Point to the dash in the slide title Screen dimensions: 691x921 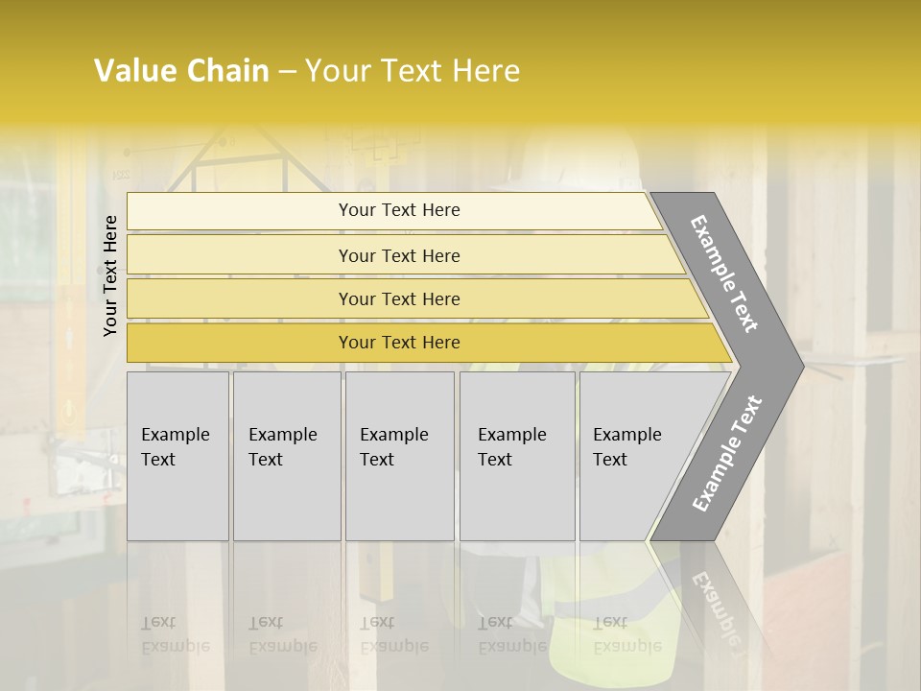[x=287, y=72]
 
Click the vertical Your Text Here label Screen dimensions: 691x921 [x=110, y=275]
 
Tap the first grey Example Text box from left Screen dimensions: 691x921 [x=177, y=456]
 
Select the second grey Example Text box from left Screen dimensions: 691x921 [x=287, y=456]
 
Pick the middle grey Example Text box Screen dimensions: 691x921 [x=399, y=456]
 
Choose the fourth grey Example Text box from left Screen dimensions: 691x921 [x=517, y=456]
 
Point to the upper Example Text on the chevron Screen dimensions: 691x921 [x=724, y=274]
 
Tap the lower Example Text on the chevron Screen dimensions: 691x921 [x=726, y=453]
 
